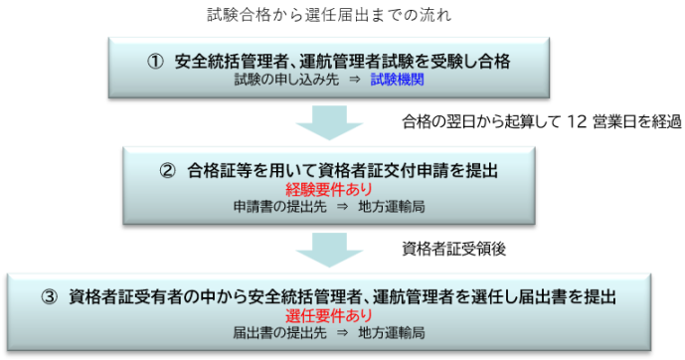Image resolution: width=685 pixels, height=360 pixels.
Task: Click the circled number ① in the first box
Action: tap(155, 62)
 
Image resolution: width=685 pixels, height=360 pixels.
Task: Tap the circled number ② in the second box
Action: tap(169, 170)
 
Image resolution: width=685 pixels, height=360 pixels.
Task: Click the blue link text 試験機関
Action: tap(397, 80)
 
